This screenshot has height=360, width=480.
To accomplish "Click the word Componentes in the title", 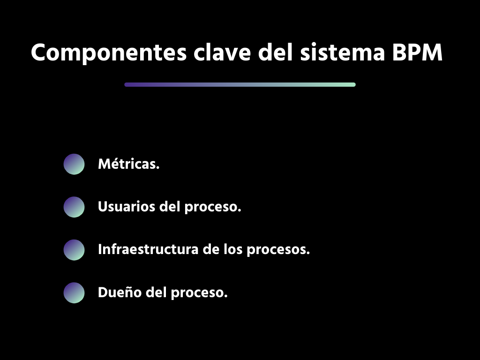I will click(109, 53).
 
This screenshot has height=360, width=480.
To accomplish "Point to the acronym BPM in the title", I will click(417, 52).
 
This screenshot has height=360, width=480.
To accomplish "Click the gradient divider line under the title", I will click(240, 85).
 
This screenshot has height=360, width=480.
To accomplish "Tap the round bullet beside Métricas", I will click(74, 164).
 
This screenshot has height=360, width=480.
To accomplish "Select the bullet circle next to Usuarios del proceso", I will click(74, 207).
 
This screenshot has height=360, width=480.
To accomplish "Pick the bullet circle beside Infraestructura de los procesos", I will click(74, 249).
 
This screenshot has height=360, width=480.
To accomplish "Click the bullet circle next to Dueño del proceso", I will click(74, 292).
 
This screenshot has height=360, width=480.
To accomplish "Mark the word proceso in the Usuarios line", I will click(212, 207).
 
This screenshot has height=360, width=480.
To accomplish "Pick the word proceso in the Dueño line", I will click(199, 293).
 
